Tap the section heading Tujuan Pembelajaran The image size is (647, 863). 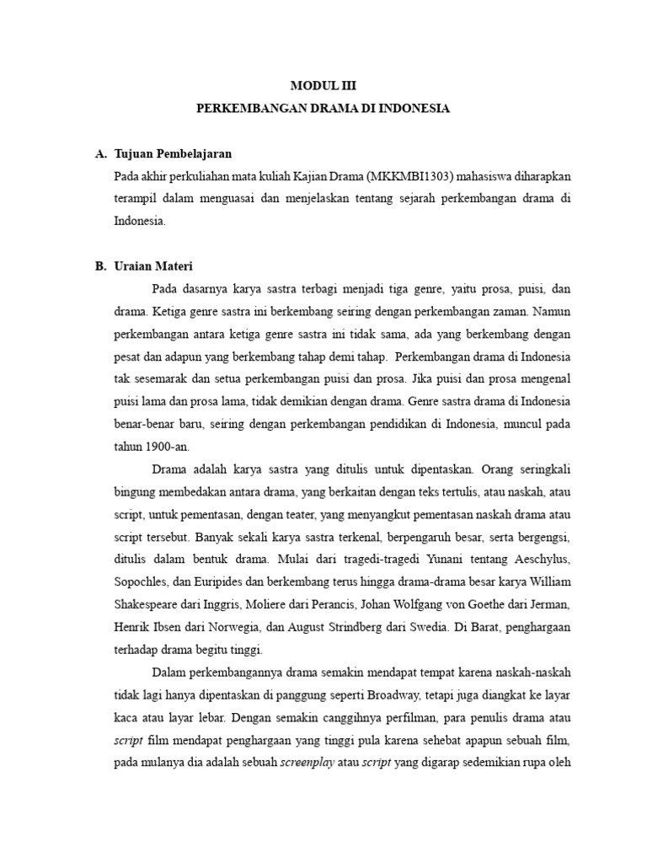tap(171, 154)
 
